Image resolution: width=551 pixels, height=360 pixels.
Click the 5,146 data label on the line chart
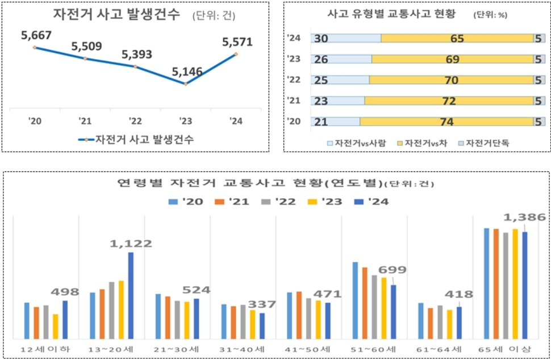[187, 72]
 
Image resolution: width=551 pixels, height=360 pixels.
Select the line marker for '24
[236, 54]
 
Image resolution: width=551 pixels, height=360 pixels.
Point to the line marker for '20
[35, 47]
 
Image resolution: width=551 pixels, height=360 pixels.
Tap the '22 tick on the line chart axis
[135, 120]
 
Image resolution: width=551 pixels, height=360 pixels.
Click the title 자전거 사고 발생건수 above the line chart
[116, 15]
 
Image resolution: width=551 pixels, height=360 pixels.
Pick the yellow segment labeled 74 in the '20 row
[446, 122]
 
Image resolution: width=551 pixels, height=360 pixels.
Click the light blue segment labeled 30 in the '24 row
[346, 39]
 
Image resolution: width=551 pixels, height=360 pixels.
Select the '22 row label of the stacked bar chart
[294, 80]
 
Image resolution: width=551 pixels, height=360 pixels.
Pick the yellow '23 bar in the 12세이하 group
[56, 326]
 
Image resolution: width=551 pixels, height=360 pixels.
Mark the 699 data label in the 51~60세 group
[393, 270]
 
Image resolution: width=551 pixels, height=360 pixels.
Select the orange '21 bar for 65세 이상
[496, 283]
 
